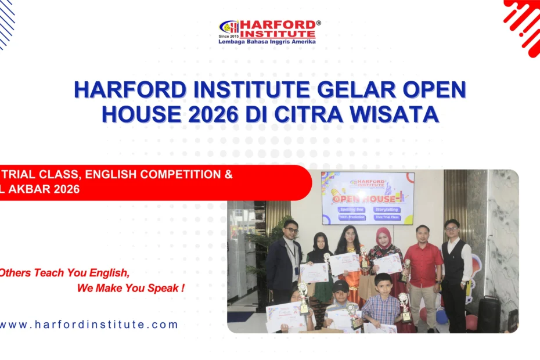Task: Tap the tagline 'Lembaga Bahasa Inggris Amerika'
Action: pos(267,42)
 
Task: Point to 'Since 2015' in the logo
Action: pos(228,36)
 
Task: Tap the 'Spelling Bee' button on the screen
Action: pos(348,208)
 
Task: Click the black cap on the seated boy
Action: pos(341,286)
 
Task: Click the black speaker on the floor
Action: pos(489,316)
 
